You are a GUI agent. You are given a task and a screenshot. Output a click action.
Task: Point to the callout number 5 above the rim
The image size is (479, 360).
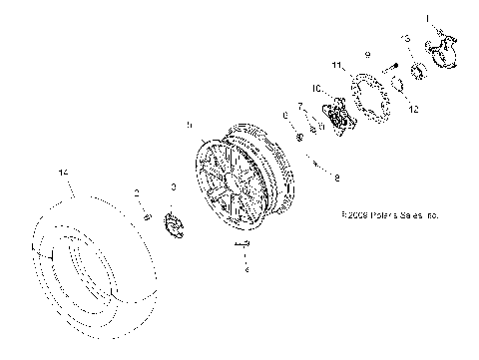pos(189,125)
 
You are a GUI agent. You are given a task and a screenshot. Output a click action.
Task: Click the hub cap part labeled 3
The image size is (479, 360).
pos(174,222)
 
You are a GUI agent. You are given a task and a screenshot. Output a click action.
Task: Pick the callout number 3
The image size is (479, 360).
pos(174,187)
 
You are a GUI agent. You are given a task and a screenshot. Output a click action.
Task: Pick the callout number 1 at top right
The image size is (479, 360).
pos(428,17)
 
